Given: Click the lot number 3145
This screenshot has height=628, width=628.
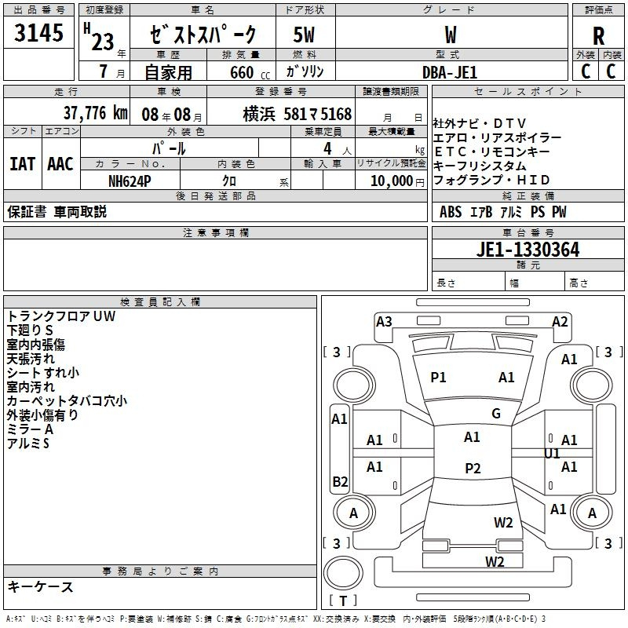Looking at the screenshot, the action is click(38, 32).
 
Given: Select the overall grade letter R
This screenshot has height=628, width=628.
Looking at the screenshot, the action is click(598, 36).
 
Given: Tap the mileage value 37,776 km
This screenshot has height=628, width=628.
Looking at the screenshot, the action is click(95, 113).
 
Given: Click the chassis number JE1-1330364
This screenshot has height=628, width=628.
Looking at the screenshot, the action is click(528, 250).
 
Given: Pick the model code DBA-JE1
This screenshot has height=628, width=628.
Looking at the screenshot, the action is click(450, 72).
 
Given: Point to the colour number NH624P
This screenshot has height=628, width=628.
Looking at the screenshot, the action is click(130, 181).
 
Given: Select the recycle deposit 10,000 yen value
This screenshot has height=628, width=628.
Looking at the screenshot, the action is click(397, 181).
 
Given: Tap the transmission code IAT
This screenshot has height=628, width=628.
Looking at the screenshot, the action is click(22, 164).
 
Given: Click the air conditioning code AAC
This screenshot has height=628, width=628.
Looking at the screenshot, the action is click(60, 164).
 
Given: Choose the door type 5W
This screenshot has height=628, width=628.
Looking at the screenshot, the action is click(304, 35).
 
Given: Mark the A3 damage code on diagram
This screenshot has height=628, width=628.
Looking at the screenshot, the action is click(384, 322).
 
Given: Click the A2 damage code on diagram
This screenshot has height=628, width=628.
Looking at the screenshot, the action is click(560, 322).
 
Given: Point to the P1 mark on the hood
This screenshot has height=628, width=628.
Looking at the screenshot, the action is click(438, 378).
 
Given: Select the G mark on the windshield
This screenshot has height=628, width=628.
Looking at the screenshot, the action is click(496, 414).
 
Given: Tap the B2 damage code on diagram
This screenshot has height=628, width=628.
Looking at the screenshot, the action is click(340, 481).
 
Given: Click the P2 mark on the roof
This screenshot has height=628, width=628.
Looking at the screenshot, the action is click(473, 468).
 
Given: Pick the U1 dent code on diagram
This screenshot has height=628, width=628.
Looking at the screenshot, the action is click(552, 454).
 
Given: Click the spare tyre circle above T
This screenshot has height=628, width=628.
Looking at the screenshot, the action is click(343, 573).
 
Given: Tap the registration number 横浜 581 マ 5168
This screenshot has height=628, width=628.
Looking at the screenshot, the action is click(298, 115).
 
